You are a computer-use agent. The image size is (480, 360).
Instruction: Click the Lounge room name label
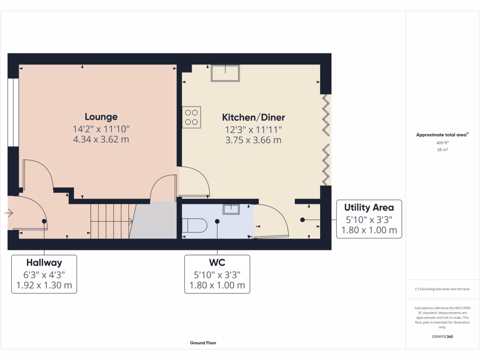101,117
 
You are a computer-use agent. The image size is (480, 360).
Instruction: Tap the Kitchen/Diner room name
253,117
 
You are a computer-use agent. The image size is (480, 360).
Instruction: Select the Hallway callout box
44,274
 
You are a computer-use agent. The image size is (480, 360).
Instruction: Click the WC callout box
217,274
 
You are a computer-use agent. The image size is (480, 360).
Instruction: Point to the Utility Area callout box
369,218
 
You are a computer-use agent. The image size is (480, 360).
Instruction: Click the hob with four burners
191,117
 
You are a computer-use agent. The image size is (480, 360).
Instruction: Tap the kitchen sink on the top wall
225,73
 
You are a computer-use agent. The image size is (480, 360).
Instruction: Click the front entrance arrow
9,213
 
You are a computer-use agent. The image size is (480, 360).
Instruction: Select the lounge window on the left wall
13,112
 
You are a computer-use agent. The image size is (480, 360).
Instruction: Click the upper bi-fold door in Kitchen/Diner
326,114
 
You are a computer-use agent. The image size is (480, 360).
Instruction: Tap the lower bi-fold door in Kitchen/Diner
326,164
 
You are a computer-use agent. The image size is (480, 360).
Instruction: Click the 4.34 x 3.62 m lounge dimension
101,139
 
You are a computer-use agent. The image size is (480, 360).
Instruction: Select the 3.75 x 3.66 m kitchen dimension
253,140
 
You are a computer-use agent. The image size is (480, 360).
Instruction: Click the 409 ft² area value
442,143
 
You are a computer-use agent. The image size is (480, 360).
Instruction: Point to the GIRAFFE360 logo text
442,337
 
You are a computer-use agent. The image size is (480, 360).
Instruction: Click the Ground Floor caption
203,343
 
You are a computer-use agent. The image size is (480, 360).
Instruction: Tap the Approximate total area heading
442,135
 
